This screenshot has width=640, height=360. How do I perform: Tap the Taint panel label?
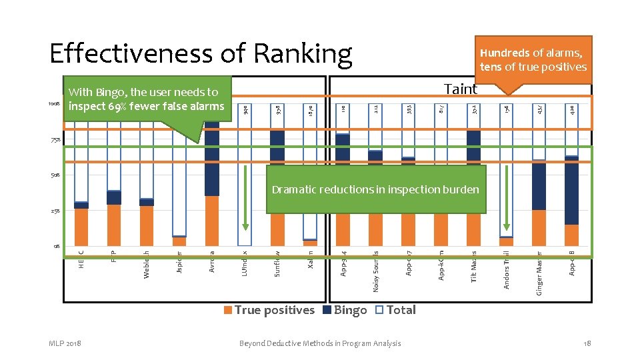coord(461,89)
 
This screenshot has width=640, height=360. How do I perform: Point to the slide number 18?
coord(587,343)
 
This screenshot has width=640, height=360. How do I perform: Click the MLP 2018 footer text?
coord(65,343)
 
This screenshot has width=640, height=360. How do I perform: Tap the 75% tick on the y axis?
coord(55,141)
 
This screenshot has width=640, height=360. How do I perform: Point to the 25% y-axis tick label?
coord(55,211)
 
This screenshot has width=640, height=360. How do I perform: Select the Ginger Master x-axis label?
coord(540,271)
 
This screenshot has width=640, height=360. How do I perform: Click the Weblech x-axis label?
coord(147,265)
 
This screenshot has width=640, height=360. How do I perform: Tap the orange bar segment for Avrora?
coord(212,220)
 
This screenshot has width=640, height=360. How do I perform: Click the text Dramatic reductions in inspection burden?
coord(375,190)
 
